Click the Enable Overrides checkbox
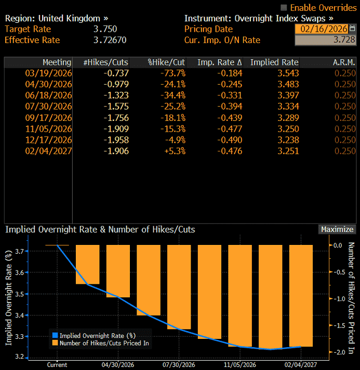coord(283,7)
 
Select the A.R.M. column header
coord(344,62)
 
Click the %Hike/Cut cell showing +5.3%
coord(175,151)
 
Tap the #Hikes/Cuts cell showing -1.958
coord(116,140)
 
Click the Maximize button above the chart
coord(337,229)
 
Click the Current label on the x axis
coord(57,364)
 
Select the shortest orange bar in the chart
coord(87,264)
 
